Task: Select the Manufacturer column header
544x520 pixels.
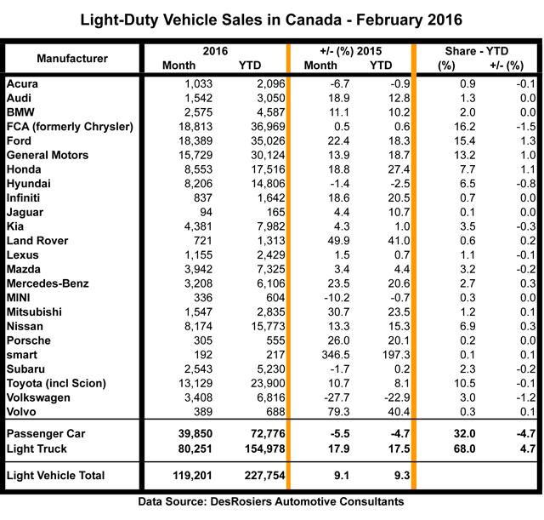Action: [72, 59]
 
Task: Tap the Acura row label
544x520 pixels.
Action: [25, 83]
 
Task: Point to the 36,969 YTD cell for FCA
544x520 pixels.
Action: [253, 127]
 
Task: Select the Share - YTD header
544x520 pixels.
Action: [477, 51]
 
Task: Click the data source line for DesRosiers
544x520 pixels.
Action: [271, 504]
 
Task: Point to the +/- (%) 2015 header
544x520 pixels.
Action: [349, 51]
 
